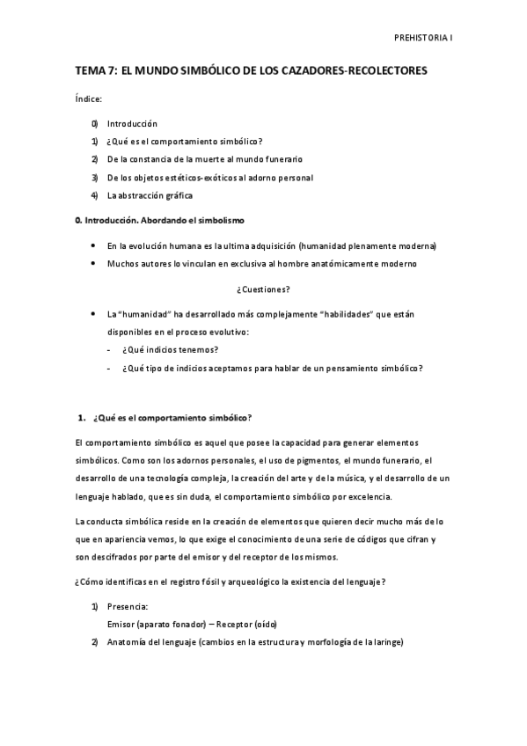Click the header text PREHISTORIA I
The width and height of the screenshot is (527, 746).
coord(421,39)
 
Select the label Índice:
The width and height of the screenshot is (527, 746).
coord(89,101)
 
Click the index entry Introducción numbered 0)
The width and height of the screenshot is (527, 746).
coord(132,124)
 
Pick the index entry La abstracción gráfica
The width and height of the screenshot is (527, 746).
coord(150,195)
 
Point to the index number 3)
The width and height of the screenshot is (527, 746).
coord(94,178)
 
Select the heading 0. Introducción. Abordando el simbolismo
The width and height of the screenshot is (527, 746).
coord(157,218)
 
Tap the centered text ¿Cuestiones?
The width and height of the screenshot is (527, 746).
coord(263,289)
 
